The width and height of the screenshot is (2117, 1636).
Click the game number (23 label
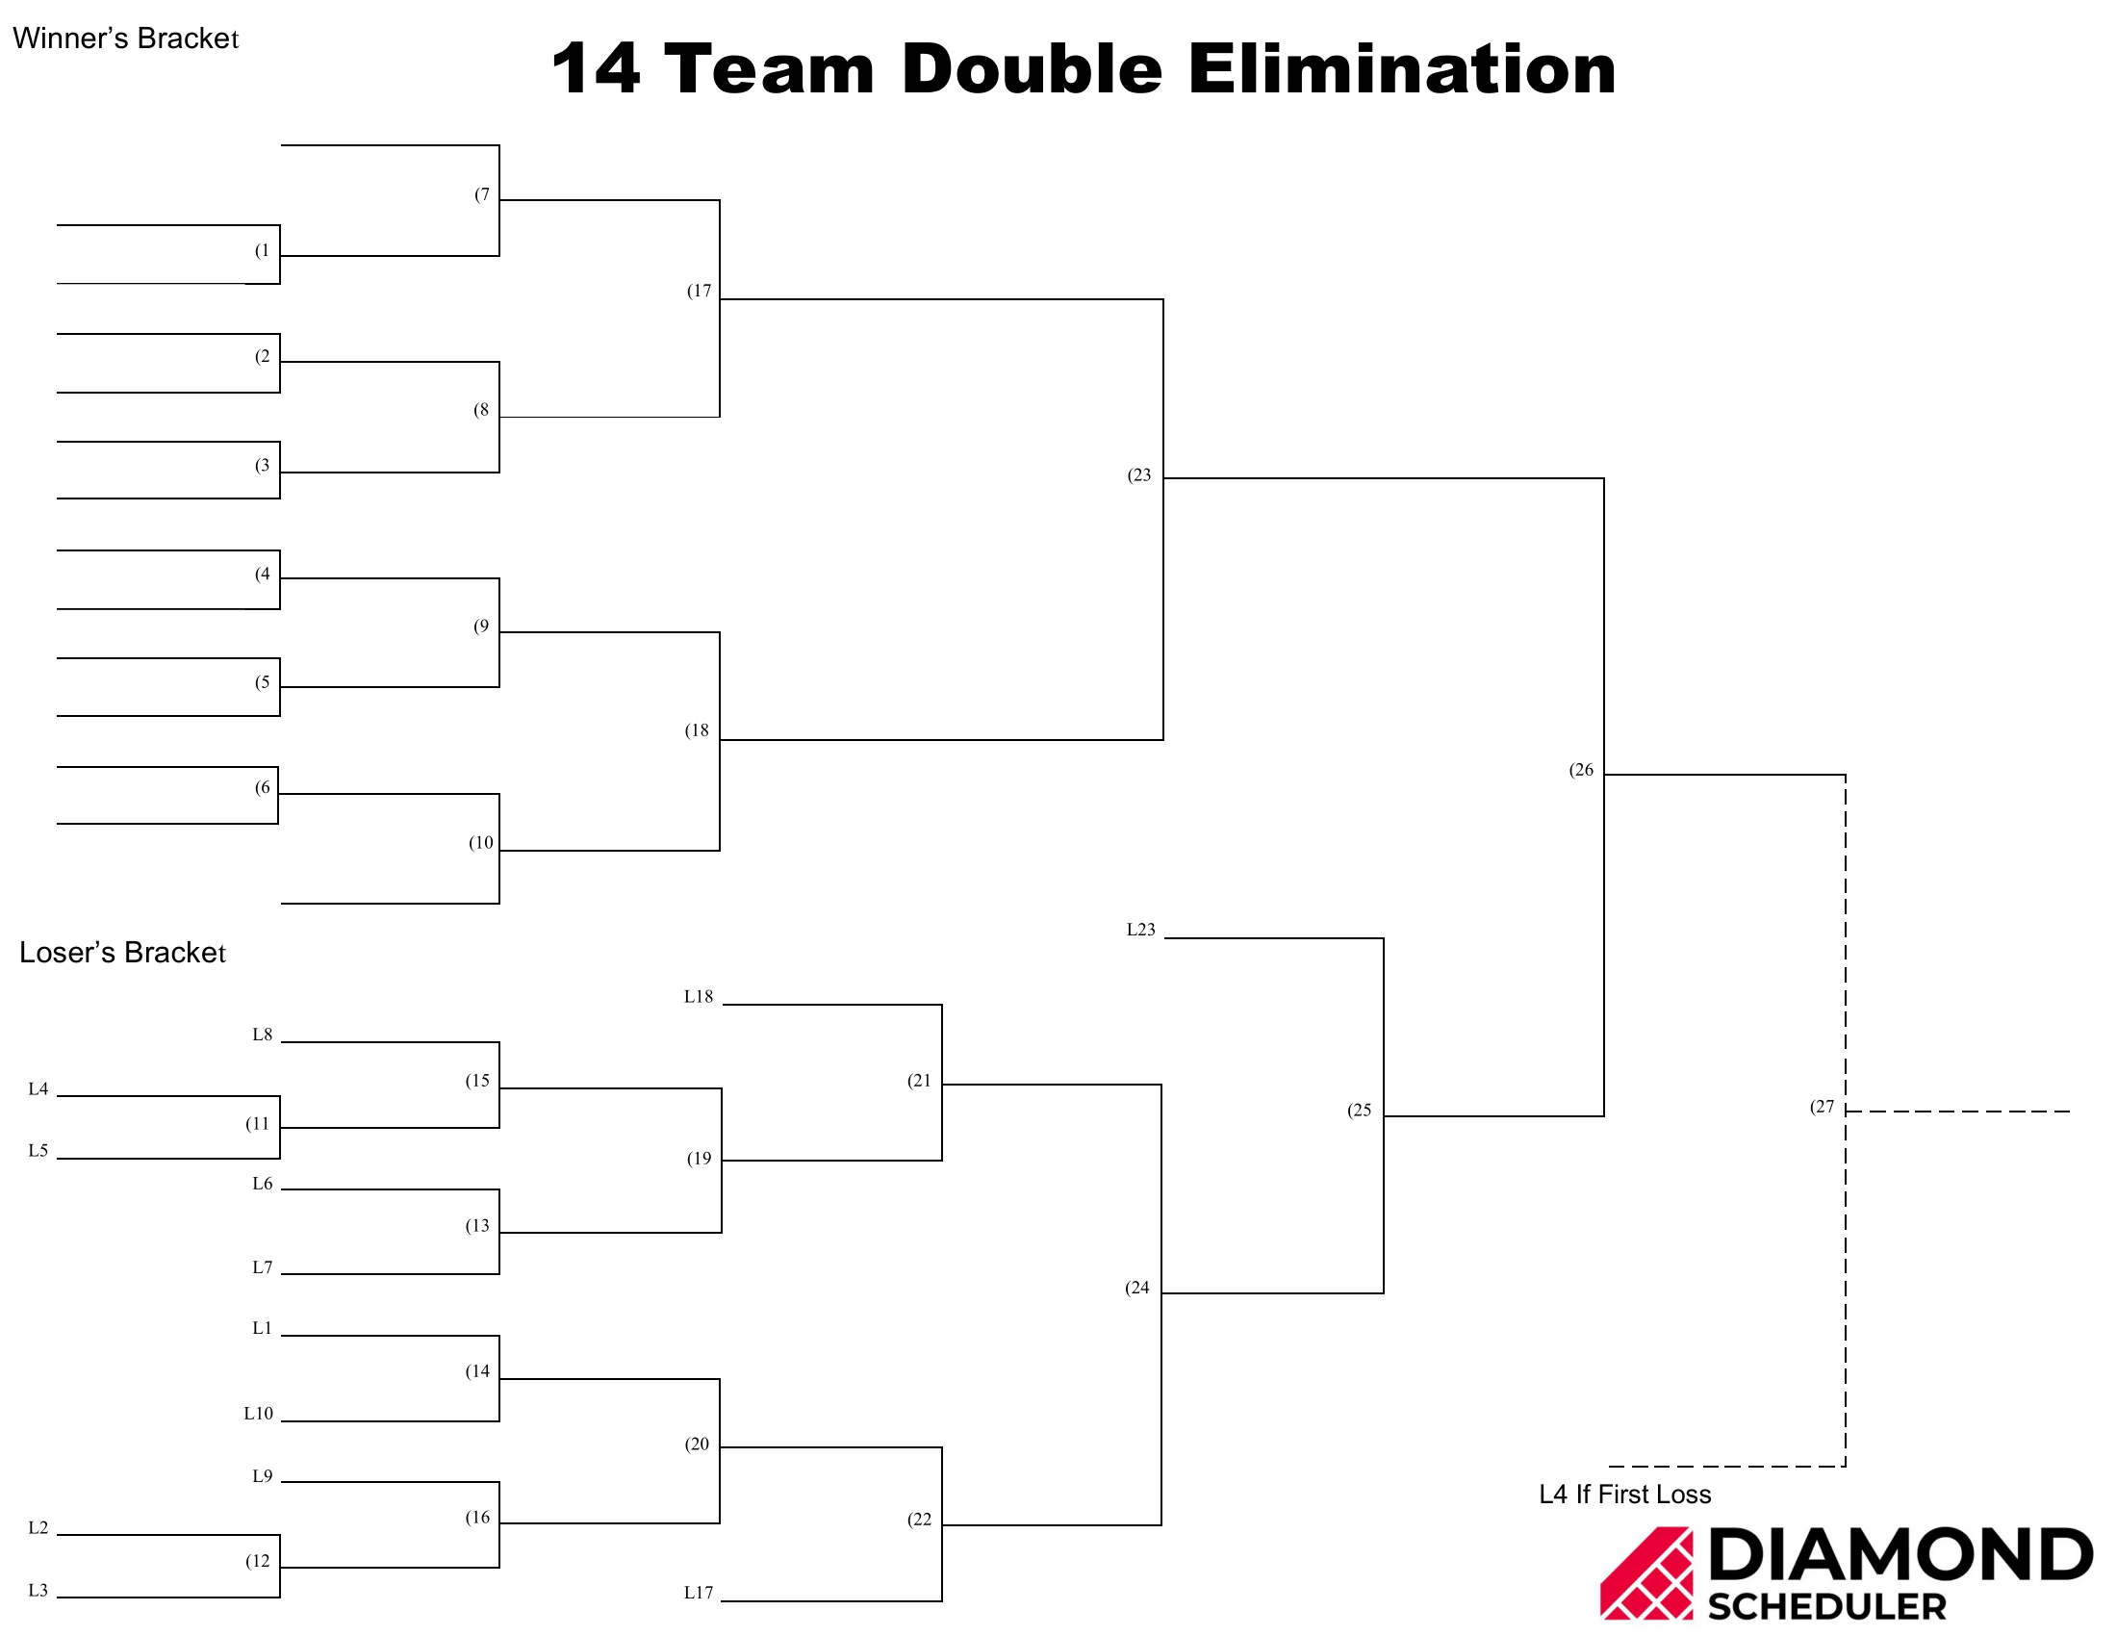point(1139,474)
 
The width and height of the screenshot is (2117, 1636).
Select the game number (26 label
point(1581,770)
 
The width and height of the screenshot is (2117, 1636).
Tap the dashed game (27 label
point(1823,1107)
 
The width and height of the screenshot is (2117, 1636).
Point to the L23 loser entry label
point(1141,930)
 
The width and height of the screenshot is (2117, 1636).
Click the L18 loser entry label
point(698,996)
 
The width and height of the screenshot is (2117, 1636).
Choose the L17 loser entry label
point(698,1593)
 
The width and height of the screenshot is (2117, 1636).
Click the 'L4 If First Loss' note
point(1624,1495)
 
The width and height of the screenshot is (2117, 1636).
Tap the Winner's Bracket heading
point(125,38)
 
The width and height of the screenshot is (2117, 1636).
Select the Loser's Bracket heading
point(122,952)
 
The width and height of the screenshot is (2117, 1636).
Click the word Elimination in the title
point(1402,69)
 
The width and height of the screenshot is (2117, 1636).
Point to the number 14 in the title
point(595,69)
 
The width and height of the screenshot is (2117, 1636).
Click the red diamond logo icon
point(1646,1573)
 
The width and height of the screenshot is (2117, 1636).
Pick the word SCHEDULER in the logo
point(1827,1606)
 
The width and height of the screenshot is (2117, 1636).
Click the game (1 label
point(262,250)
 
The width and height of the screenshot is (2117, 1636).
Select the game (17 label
point(699,291)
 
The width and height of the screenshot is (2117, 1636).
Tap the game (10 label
point(481,842)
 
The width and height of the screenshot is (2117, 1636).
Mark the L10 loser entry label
point(259,1413)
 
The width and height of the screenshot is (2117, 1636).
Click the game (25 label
point(1359,1110)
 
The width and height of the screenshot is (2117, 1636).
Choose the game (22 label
point(919,1519)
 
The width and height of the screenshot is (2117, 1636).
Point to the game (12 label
point(257,1560)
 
